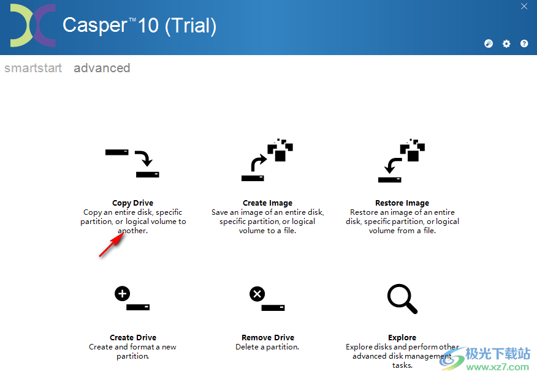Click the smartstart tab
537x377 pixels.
click(33, 68)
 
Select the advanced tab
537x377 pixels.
click(102, 68)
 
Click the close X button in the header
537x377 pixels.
click(524, 7)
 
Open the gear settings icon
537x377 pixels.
click(506, 44)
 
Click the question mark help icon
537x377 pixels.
click(524, 44)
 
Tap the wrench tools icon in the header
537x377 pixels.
click(489, 44)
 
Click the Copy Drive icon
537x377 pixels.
click(132, 163)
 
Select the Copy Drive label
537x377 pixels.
click(132, 203)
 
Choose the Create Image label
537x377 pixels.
click(267, 203)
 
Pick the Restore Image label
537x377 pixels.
click(402, 203)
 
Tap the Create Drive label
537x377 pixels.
click(132, 338)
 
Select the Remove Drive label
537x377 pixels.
click(267, 338)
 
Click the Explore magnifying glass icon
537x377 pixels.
click(402, 299)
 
